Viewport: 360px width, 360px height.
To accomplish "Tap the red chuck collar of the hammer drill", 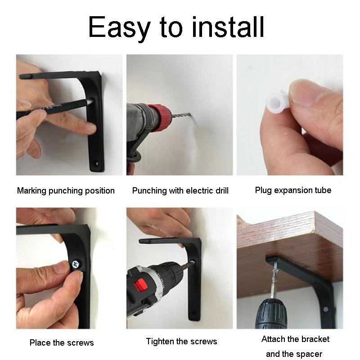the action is [159, 117].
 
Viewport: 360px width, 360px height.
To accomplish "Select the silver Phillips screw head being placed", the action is [76, 265].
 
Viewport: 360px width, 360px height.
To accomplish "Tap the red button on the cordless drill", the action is [141, 285].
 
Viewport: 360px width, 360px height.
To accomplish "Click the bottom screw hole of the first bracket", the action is [96, 164].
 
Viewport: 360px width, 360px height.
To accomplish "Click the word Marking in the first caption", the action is [31, 191].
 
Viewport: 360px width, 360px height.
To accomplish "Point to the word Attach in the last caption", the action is [273, 339].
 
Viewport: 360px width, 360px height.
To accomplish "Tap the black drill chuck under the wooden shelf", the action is [273, 314].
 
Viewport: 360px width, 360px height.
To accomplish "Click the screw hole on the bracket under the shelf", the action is [325, 309].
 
